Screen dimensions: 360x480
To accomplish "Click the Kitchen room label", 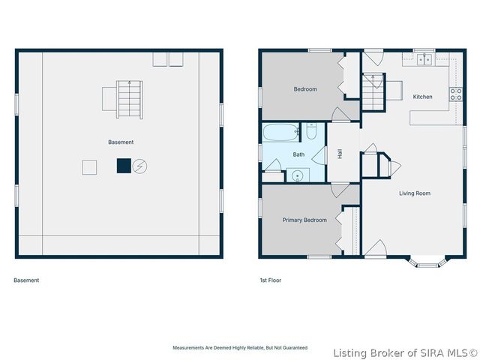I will [x=422, y=97].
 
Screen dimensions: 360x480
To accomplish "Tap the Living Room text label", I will [x=414, y=193].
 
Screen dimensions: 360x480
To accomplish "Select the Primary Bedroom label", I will [x=304, y=220].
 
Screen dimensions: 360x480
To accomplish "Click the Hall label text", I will [x=340, y=153].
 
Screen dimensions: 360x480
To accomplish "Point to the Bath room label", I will [x=298, y=154].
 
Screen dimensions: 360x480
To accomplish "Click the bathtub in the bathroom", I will [x=281, y=133].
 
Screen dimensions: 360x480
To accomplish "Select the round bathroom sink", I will [x=298, y=175].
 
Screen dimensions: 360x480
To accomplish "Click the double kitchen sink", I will [x=424, y=60].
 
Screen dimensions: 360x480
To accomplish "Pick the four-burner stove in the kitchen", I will [x=454, y=94].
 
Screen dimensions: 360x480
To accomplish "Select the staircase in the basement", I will [x=129, y=100].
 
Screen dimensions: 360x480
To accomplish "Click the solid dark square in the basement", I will [x=123, y=166].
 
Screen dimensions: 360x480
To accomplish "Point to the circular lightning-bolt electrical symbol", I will [x=140, y=166].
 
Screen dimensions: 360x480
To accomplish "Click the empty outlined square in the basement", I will [x=89, y=167].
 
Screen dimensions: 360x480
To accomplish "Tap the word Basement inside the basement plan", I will [x=120, y=142].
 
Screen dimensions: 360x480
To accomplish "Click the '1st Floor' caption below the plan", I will [x=271, y=280].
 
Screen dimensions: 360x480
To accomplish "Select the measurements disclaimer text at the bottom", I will [x=240, y=349].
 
